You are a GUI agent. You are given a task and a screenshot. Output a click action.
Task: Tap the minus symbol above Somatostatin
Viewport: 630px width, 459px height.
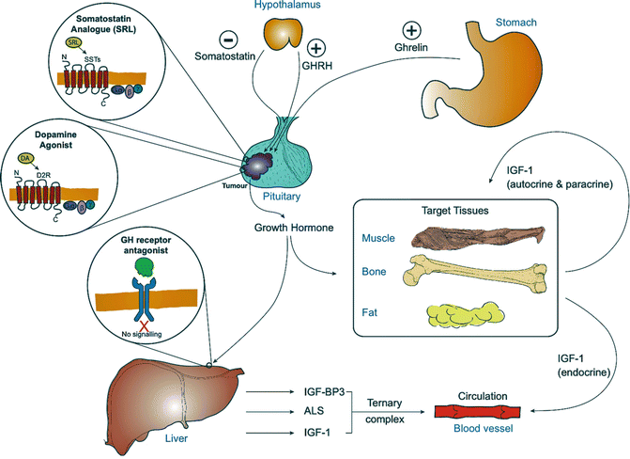coord(228,40)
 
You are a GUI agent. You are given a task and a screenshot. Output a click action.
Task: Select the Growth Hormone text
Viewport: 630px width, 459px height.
coord(294,227)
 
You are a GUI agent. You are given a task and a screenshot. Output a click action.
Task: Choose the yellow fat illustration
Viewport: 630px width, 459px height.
coord(482,314)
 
